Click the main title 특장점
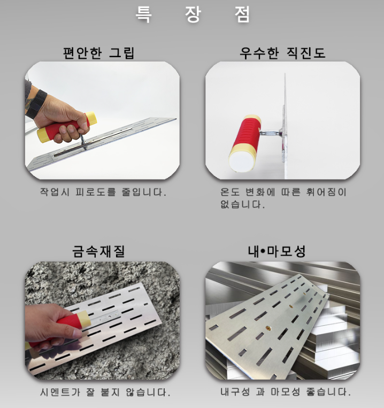click(193, 14)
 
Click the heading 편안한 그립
click(98, 53)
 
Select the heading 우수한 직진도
click(282, 53)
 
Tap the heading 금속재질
click(98, 251)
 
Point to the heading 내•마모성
click(277, 251)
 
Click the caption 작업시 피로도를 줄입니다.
click(103, 192)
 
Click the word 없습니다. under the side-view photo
click(242, 204)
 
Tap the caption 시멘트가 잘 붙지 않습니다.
click(105, 392)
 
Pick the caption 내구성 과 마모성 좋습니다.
click(286, 391)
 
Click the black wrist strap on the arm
click(36, 104)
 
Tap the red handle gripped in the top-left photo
click(67, 127)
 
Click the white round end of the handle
click(241, 162)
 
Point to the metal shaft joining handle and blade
click(270, 133)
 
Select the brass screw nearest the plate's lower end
click(267, 327)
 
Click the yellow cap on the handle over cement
click(84, 319)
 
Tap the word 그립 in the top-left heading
click(121, 53)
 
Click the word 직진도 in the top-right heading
click(306, 53)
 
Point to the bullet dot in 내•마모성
click(263, 251)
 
